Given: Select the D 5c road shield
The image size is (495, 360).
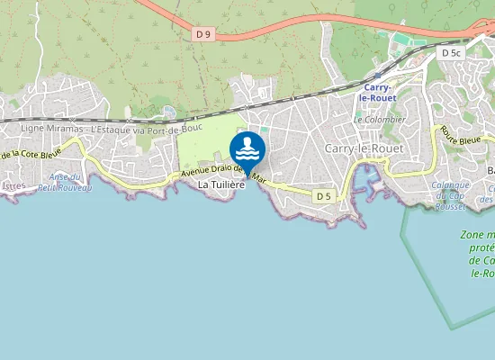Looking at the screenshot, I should click(x=452, y=53).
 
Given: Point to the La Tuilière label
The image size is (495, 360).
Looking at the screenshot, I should click(x=221, y=184).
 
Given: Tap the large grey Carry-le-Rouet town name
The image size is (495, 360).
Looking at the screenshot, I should click(x=364, y=148).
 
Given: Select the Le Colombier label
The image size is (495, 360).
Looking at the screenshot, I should click(x=379, y=119).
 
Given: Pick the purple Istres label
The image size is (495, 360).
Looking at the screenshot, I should click(x=14, y=185).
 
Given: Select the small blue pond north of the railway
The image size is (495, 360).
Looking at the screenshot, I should click(x=169, y=111).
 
